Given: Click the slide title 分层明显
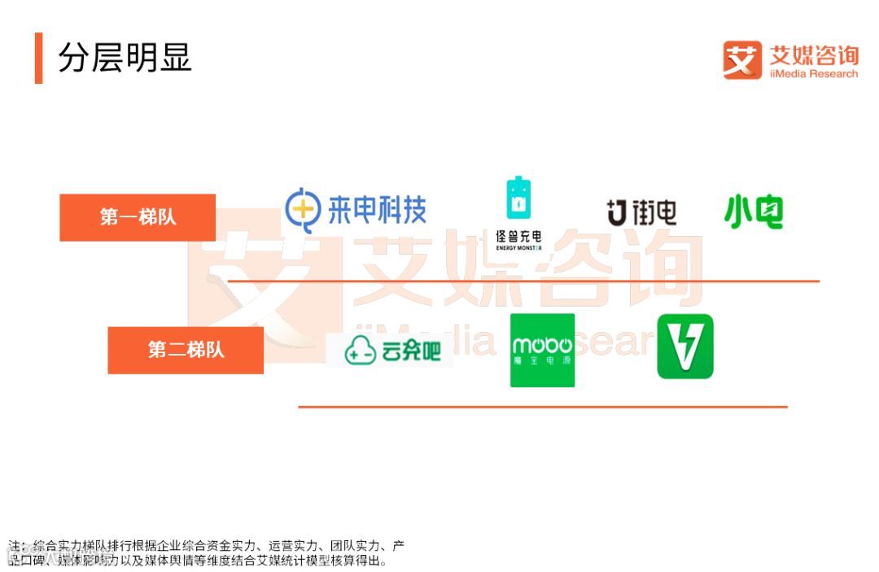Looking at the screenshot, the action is coord(125,58).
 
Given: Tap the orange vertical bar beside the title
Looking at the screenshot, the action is coord(38,58).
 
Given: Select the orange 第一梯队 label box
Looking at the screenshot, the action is coord(138,217).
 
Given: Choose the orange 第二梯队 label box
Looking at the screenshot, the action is coord(186,350).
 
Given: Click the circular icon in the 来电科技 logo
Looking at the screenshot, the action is coord(302,210).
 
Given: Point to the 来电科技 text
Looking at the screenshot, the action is coord(377,210).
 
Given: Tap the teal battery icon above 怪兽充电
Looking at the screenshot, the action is coord(517,199).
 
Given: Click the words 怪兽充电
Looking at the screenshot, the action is coord(518,236).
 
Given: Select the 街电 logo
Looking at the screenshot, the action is coord(641,212).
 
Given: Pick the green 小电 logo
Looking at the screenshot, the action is coord(754,211).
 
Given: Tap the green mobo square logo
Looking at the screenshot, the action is coord(542,350).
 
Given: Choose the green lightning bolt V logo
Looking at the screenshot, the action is coord(685,347).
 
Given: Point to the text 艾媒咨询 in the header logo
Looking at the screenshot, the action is coord(814,55).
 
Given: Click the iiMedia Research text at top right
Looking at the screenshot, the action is coord(814,74).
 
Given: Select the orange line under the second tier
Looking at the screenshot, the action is coord(542,406).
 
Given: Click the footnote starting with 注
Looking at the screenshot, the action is coord(207,552).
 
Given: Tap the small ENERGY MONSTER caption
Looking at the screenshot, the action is coord(518,247).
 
